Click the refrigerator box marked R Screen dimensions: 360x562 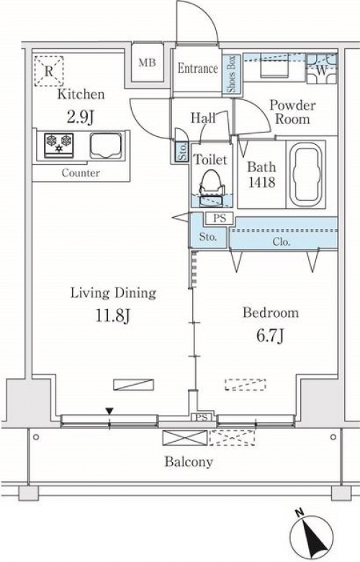point(49,71)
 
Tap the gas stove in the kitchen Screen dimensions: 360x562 point(59,145)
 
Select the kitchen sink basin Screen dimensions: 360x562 point(106,146)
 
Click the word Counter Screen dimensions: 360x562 point(81,173)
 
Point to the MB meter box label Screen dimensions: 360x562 point(147,63)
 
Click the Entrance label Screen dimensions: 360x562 point(198,68)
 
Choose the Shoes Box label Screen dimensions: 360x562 point(231,74)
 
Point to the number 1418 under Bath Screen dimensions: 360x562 point(262,182)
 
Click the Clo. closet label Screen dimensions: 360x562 point(282,241)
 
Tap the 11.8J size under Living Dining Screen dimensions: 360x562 point(113,316)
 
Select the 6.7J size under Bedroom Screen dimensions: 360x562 point(271,336)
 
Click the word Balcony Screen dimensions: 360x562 point(189,461)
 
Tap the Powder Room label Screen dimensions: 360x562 point(292,112)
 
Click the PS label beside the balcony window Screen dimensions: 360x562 point(202,418)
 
